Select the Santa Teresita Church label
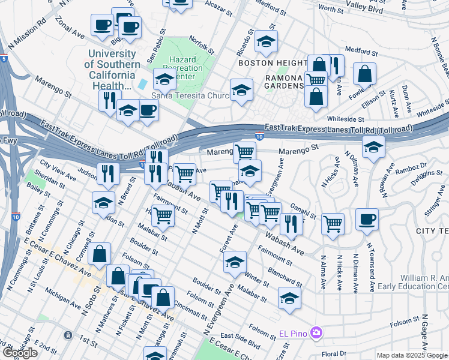click(187, 96)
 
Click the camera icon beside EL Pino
click(316, 332)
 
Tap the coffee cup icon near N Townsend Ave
click(367, 218)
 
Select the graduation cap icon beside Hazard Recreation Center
click(164, 79)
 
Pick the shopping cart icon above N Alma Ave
click(333, 223)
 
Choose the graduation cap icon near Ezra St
click(289, 298)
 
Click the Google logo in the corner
click(20, 353)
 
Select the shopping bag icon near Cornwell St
click(99, 253)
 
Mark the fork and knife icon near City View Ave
click(108, 173)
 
